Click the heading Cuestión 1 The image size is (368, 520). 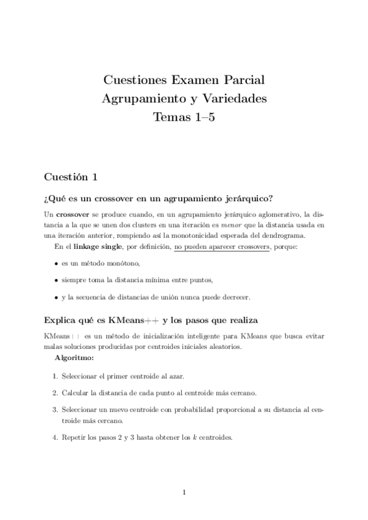coord(71,177)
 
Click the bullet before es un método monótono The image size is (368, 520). coord(55,264)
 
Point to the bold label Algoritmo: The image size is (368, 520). coord(74,357)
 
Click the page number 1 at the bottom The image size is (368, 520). coord(184,492)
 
